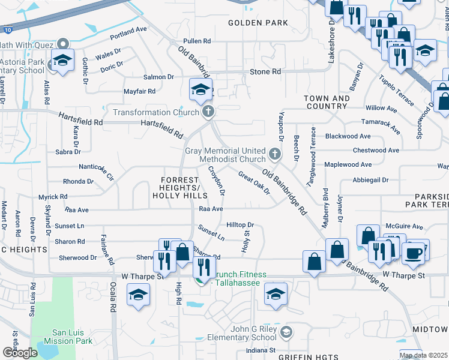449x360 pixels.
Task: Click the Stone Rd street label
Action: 265,71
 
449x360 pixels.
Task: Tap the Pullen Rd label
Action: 198,41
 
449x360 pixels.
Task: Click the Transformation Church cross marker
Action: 208,112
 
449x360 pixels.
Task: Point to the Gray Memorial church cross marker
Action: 275,155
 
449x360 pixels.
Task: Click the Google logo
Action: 20,353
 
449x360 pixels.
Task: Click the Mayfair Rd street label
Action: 139,91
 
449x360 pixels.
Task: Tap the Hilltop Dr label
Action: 241,224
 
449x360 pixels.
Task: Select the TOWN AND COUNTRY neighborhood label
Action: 327,102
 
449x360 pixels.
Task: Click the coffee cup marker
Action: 412,251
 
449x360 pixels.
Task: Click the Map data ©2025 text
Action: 424,355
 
